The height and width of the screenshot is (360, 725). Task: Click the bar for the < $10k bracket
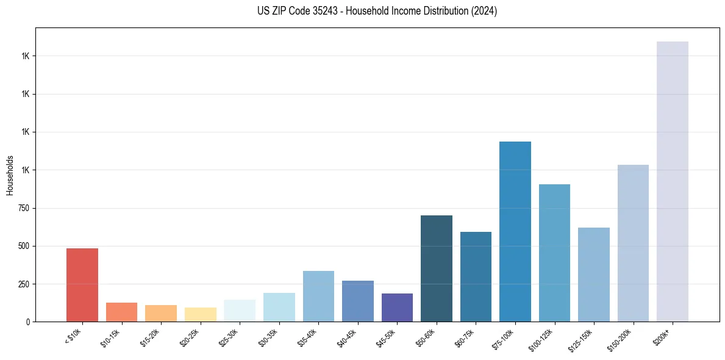point(82,285)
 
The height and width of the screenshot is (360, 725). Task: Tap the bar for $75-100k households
point(515,231)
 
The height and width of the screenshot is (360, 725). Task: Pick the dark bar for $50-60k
point(436,268)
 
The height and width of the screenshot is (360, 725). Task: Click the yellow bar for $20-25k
point(201,314)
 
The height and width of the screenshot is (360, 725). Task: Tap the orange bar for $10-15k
point(121,312)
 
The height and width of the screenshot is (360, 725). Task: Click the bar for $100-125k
point(554,253)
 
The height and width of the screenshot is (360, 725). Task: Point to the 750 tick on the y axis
point(24,208)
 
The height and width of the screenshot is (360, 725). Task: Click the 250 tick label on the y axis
point(24,284)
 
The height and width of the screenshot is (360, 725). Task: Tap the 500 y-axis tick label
point(24,247)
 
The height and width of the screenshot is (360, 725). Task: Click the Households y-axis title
point(10,175)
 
